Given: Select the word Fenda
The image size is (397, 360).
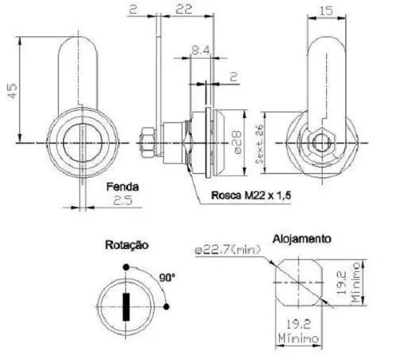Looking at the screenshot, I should (122, 188).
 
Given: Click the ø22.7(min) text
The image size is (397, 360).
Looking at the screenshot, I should (225, 250).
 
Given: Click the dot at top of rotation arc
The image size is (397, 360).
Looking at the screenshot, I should (127, 269).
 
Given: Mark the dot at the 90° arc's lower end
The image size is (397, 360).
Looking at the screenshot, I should (166, 308).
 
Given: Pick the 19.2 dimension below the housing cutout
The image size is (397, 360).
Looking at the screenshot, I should (295, 326).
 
